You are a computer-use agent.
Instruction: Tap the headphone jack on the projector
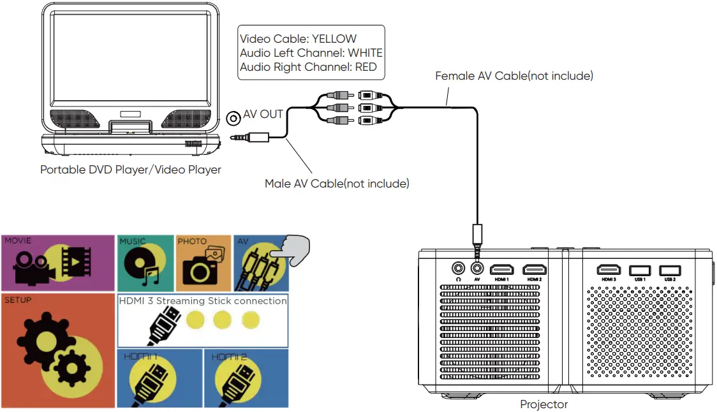coord(457,269)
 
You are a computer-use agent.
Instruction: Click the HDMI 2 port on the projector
coord(535,270)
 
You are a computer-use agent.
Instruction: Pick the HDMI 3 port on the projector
coord(609,270)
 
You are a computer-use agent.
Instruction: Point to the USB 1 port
coord(639,270)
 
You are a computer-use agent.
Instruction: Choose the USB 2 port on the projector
coord(669,270)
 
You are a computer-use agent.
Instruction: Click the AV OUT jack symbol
coord(233,116)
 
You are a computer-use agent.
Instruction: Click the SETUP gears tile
coord(57,350)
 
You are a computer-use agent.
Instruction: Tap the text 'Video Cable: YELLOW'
coord(298,40)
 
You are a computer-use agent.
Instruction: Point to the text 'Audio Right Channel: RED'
coord(308,67)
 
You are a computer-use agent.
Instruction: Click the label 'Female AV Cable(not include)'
coord(514,76)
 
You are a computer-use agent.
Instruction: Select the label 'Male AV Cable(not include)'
coord(337,184)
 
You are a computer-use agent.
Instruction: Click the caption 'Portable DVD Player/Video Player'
coord(131,170)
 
